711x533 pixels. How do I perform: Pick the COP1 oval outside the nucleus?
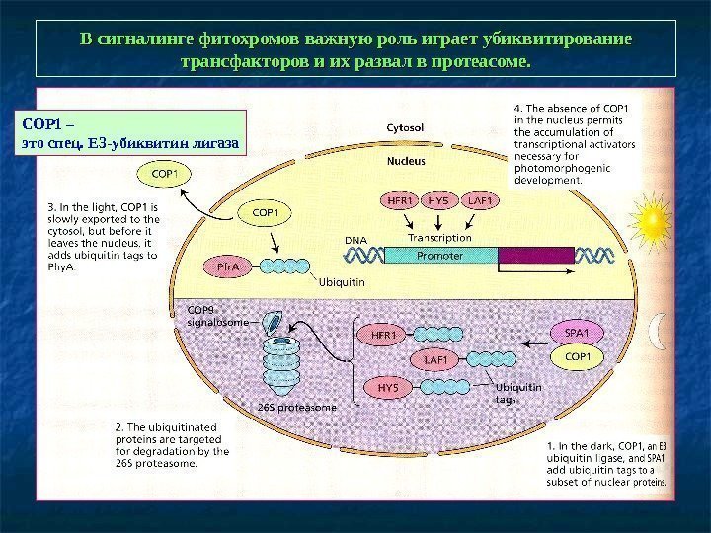[164, 175]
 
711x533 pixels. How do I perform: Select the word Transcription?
[439, 238]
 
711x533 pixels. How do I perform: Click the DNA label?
[355, 240]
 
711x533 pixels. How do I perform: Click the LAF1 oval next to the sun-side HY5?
[483, 201]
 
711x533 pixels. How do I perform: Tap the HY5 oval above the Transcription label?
[438, 201]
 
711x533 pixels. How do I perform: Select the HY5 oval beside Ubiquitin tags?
[388, 387]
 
